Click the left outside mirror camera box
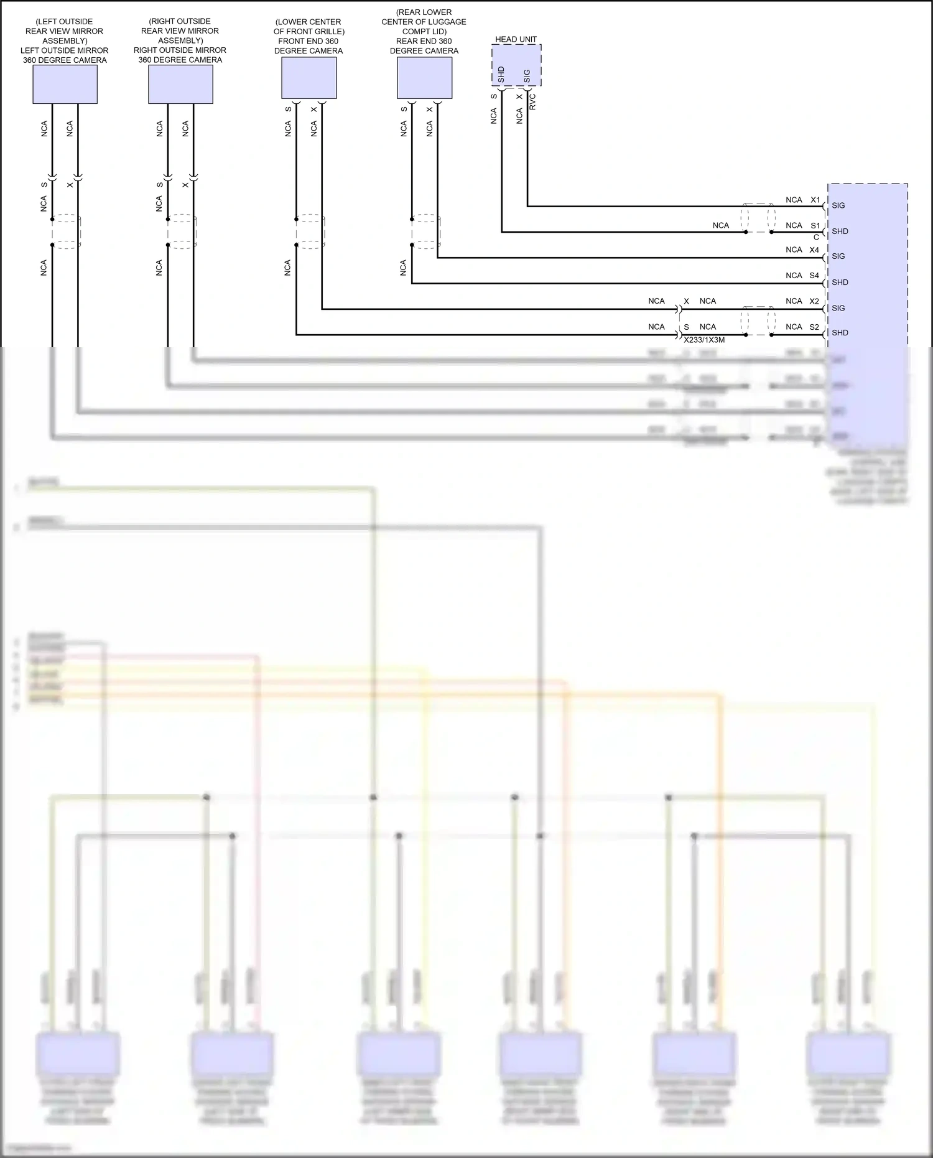(65, 84)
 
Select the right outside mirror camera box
(180, 84)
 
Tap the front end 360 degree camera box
(309, 78)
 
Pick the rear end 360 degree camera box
(424, 78)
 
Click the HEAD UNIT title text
(516, 39)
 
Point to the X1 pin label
(815, 200)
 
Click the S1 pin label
(815, 225)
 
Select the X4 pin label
(814, 250)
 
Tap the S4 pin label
(814, 275)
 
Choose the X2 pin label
(814, 301)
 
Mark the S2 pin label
(814, 327)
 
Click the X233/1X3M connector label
(704, 340)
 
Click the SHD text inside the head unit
(501, 75)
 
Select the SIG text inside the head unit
(527, 76)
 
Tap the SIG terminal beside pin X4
(838, 256)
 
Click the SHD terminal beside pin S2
(840, 333)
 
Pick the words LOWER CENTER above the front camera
(309, 22)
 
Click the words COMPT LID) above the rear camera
(424, 31)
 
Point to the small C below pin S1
(816, 237)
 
